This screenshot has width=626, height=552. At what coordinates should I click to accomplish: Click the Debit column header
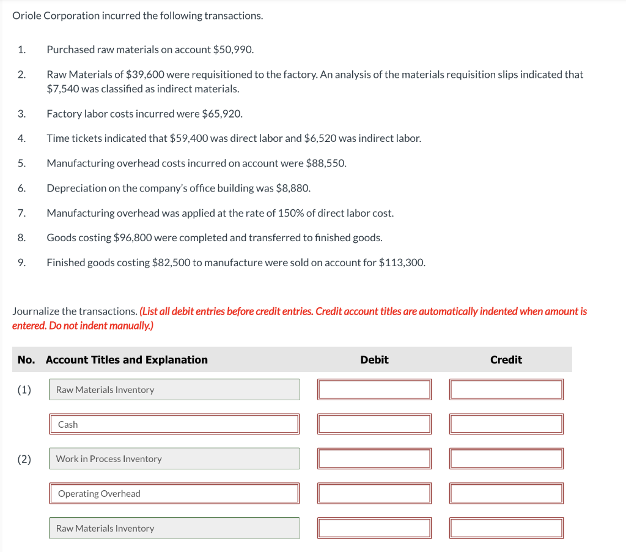coord(374,360)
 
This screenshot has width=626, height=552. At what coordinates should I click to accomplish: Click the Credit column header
coord(506,360)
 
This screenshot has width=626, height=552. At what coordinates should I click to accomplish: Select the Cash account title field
coord(174,424)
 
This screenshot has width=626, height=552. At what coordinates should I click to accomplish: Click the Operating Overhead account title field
coord(174,493)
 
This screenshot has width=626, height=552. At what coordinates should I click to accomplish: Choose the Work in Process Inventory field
coord(174,459)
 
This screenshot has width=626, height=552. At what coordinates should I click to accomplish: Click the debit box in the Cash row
coord(374,424)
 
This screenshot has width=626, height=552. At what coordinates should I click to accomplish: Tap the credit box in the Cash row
coord(506,424)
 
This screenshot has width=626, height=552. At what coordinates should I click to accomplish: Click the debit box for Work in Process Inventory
coord(374,459)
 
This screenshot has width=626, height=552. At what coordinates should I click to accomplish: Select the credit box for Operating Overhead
coord(506,493)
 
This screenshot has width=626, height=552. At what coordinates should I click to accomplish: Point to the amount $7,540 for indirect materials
coord(66,89)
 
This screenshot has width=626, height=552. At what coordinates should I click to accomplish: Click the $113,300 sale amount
coord(401,263)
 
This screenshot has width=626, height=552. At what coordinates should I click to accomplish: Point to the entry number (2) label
coord(24,459)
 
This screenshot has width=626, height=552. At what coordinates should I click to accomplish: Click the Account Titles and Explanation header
coord(127,360)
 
